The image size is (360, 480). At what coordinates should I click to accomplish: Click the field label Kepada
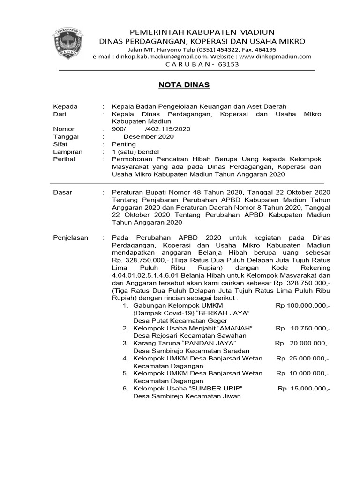(x=66, y=106)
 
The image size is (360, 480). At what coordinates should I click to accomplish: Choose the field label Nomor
(x=64, y=129)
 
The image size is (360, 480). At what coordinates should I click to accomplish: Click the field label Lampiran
(x=68, y=152)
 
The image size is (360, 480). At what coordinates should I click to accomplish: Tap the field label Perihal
(x=65, y=159)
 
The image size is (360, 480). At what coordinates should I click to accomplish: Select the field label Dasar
(x=63, y=192)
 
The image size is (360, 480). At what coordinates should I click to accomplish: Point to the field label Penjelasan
(x=71, y=238)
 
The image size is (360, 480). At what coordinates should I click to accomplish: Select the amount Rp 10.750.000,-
(x=303, y=328)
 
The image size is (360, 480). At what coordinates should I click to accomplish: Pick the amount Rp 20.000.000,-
(x=302, y=343)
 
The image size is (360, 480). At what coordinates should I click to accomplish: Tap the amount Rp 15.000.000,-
(x=304, y=389)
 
